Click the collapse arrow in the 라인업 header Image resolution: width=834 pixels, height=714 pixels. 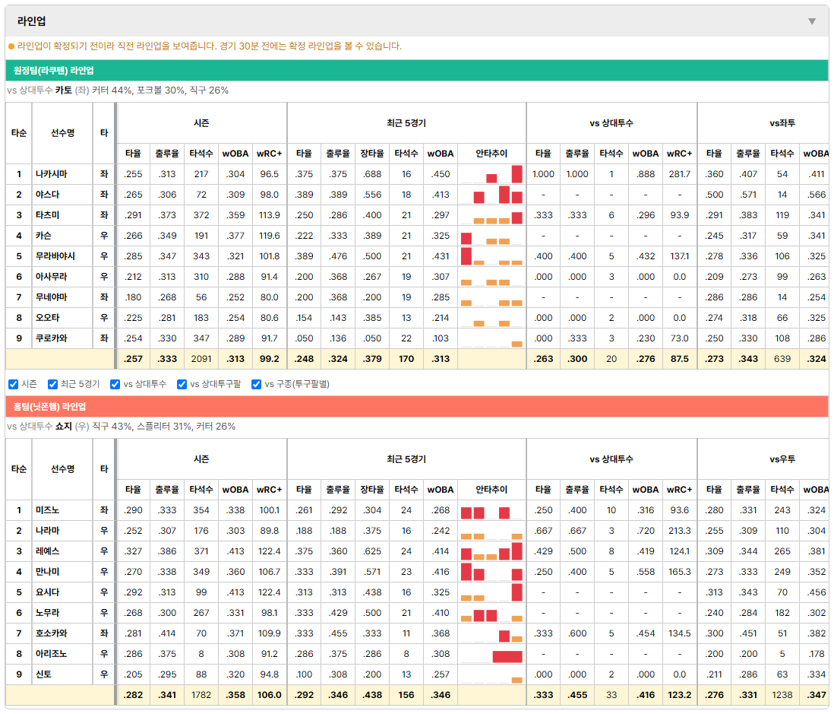pyautogui.click(x=812, y=21)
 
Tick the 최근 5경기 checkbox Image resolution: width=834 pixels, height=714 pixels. pyautogui.click(x=52, y=385)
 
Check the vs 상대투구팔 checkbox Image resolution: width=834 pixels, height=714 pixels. pyautogui.click(x=182, y=385)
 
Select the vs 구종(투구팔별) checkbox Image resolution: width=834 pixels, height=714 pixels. pyautogui.click(x=257, y=385)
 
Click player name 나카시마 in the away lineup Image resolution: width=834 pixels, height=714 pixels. pyautogui.click(x=52, y=174)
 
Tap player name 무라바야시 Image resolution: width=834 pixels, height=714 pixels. pyautogui.click(x=55, y=256)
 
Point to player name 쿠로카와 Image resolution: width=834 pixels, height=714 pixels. pyautogui.click(x=52, y=338)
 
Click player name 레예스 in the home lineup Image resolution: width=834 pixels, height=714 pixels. pyautogui.click(x=47, y=551)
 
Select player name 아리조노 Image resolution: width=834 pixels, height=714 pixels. pyautogui.click(x=52, y=654)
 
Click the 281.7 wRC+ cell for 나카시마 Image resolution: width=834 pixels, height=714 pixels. pyautogui.click(x=679, y=174)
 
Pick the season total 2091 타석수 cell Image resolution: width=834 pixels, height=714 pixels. pyautogui.click(x=201, y=359)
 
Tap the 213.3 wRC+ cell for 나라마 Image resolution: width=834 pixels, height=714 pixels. pyautogui.click(x=679, y=531)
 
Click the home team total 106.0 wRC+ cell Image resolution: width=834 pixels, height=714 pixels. pyautogui.click(x=269, y=695)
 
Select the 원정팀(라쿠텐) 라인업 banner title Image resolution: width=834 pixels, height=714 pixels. pyautogui.click(x=54, y=70)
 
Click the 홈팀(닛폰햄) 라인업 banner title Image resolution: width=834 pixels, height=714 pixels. pyautogui.click(x=49, y=407)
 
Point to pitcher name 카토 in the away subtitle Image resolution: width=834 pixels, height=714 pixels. pyautogui.click(x=64, y=90)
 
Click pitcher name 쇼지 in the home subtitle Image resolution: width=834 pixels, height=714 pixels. pyautogui.click(x=64, y=427)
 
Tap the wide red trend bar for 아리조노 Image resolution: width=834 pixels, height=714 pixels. pyautogui.click(x=507, y=656)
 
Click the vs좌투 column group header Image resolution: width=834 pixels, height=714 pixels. pyautogui.click(x=782, y=123)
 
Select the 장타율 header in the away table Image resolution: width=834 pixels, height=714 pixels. pyautogui.click(x=371, y=154)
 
